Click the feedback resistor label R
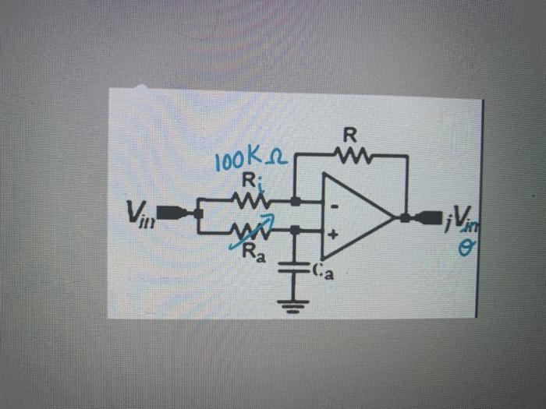pyautogui.click(x=350, y=134)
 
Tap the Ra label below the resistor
pyautogui.click(x=252, y=252)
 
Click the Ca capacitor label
pyautogui.click(x=323, y=270)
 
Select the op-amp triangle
pyautogui.click(x=355, y=217)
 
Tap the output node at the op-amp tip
pyautogui.click(x=405, y=217)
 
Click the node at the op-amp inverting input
pyautogui.click(x=296, y=202)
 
